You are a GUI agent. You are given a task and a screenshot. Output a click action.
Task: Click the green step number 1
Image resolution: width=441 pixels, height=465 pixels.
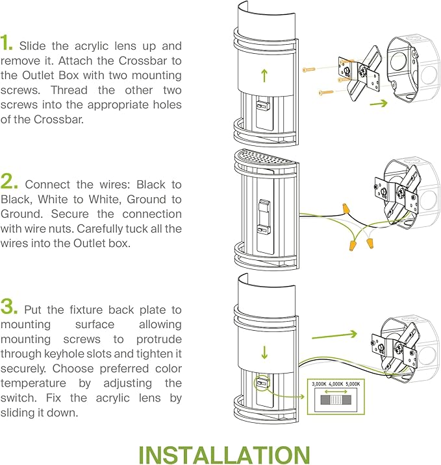6,42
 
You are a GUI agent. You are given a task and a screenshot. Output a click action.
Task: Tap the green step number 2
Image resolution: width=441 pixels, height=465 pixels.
9,181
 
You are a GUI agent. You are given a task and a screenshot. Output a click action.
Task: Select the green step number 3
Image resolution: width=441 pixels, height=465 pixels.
9,306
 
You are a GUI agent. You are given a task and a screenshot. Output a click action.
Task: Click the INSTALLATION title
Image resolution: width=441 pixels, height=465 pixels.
224,455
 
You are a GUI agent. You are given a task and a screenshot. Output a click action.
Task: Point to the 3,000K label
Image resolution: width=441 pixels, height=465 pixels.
319,384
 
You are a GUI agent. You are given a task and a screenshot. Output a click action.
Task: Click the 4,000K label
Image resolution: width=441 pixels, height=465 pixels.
336,384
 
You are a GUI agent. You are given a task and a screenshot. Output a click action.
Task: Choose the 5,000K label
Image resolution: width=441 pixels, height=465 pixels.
353,384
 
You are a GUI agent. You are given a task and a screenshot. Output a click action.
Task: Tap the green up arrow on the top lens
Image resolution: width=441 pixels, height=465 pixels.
264,75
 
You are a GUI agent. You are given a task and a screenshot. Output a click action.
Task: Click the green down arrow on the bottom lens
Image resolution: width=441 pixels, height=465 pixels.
264,352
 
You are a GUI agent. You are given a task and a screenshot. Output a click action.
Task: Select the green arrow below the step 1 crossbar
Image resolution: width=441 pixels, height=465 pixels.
379,103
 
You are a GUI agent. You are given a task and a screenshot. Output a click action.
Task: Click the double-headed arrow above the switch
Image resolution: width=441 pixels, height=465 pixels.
336,392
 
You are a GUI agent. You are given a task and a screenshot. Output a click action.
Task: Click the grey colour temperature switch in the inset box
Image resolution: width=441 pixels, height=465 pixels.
336,400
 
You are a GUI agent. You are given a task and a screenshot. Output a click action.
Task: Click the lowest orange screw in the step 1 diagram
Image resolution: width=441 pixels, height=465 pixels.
326,93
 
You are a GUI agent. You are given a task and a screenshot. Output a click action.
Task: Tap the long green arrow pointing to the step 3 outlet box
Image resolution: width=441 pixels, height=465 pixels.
334,336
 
